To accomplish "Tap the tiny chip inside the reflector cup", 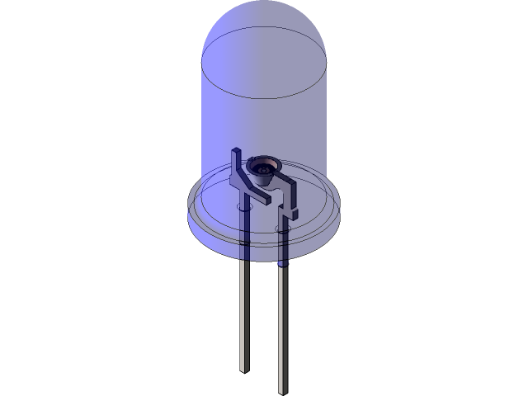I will pyautogui.click(x=263, y=171).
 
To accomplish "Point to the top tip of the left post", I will pyautogui.click(x=237, y=152).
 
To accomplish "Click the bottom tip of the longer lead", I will pyautogui.click(x=283, y=389).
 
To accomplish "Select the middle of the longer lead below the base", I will pyautogui.click(x=283, y=326).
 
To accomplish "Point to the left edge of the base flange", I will pyautogui.click(x=190, y=210).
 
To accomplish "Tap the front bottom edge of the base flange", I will pyautogui.click(x=264, y=257).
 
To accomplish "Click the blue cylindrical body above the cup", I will pyautogui.click(x=264, y=124).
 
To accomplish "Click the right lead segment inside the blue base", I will pyautogui.click(x=283, y=239).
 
